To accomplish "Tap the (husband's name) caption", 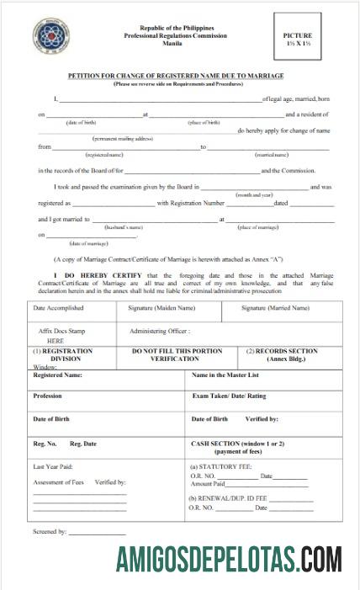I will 124,227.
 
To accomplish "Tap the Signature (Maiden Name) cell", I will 162,308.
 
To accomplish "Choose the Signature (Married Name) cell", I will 275,308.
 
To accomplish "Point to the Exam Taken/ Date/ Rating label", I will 229,396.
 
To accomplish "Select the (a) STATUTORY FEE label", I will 221,466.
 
